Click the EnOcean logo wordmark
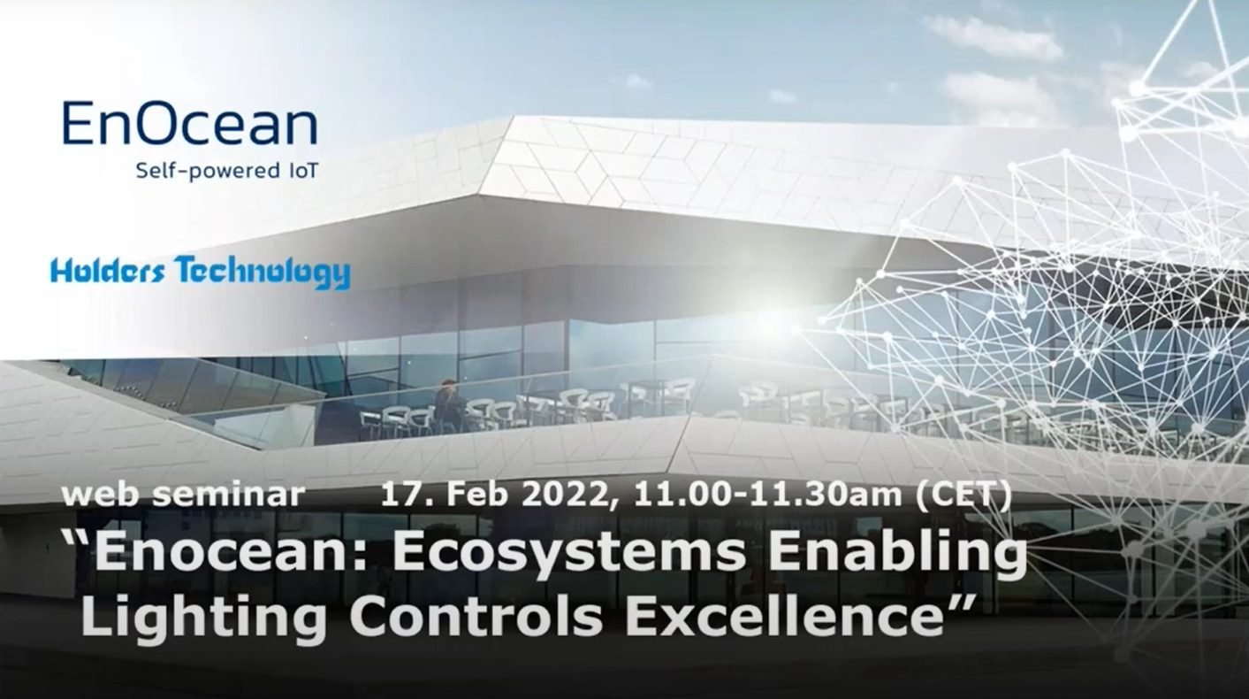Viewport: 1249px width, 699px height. tap(190, 123)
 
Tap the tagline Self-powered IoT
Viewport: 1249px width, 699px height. tap(226, 170)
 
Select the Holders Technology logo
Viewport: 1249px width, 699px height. tap(200, 273)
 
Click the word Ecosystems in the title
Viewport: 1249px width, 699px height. tap(569, 554)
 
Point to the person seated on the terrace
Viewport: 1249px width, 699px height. tap(448, 406)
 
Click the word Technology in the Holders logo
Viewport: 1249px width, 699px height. tap(263, 273)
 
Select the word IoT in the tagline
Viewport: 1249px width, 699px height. tap(301, 169)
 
